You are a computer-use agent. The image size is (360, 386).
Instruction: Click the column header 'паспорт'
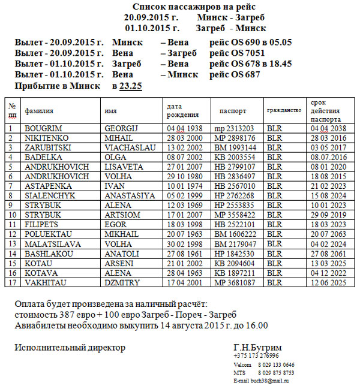click(233, 111)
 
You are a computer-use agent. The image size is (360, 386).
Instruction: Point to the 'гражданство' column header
click(283, 111)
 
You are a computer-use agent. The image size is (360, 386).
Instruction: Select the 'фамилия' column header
click(39, 111)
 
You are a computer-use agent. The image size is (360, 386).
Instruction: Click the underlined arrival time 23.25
click(130, 86)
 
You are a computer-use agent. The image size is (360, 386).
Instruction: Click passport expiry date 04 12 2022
click(328, 272)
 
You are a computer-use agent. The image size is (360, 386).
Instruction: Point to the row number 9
click(11, 205)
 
